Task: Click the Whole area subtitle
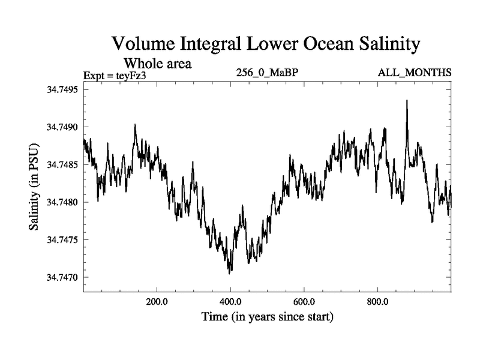point(157,63)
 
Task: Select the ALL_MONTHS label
point(414,73)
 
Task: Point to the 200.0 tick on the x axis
point(157,301)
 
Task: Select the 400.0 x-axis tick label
point(230,301)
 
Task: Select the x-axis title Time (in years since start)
point(267,316)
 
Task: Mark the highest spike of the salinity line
point(407,101)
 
